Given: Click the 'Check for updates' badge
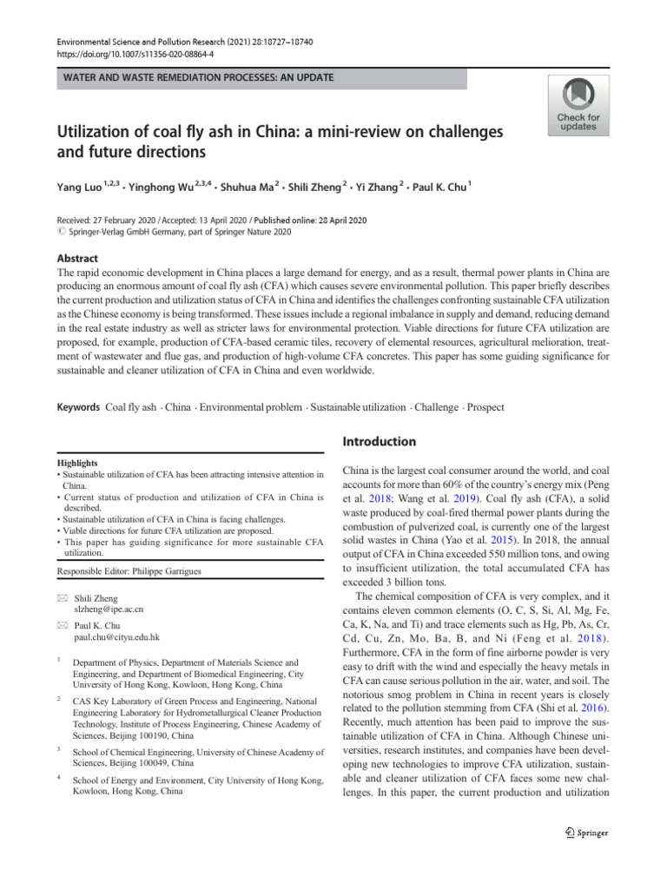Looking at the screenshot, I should pyautogui.click(x=578, y=105).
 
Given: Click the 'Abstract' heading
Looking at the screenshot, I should pyautogui.click(x=77, y=259).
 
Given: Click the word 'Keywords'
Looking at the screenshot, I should pyautogui.click(x=78, y=407).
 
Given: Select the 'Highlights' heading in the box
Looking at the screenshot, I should pyautogui.click(x=78, y=464).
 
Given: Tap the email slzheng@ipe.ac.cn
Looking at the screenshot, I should pyautogui.click(x=108, y=609).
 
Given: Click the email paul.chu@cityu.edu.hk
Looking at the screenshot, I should pyautogui.click(x=117, y=636).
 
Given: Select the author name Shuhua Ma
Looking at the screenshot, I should pyautogui.click(x=248, y=186).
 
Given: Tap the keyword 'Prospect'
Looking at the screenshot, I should pyautogui.click(x=485, y=407).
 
